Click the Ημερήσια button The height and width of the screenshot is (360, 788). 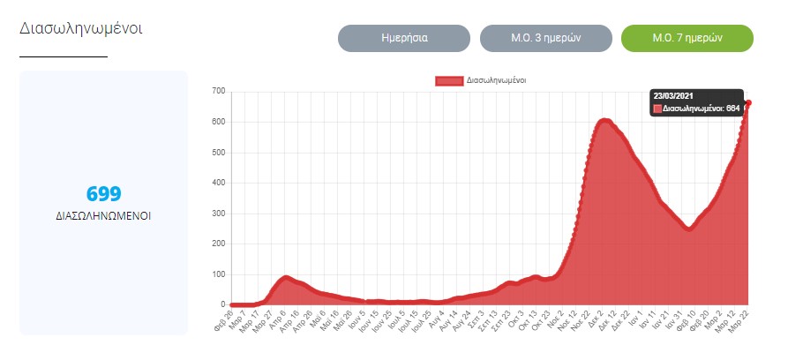(x=404, y=39)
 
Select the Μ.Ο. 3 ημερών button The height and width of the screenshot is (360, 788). (x=545, y=39)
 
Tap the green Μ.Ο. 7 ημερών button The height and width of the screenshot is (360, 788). (x=687, y=39)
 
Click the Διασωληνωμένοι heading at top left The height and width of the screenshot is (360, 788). (x=81, y=28)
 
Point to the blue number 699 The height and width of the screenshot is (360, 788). (x=103, y=194)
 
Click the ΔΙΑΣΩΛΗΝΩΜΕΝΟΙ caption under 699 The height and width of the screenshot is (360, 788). (x=103, y=214)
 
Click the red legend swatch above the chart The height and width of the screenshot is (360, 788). (x=449, y=80)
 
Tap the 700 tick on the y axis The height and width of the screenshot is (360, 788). (x=219, y=91)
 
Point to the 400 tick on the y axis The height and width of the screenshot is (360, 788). (x=219, y=183)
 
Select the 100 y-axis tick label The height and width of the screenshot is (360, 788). (x=219, y=274)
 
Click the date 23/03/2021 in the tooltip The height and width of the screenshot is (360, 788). (x=673, y=94)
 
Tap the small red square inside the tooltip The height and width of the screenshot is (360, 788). (x=657, y=109)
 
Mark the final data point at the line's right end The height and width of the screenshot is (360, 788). (x=748, y=103)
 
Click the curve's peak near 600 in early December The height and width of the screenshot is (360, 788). (x=604, y=121)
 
